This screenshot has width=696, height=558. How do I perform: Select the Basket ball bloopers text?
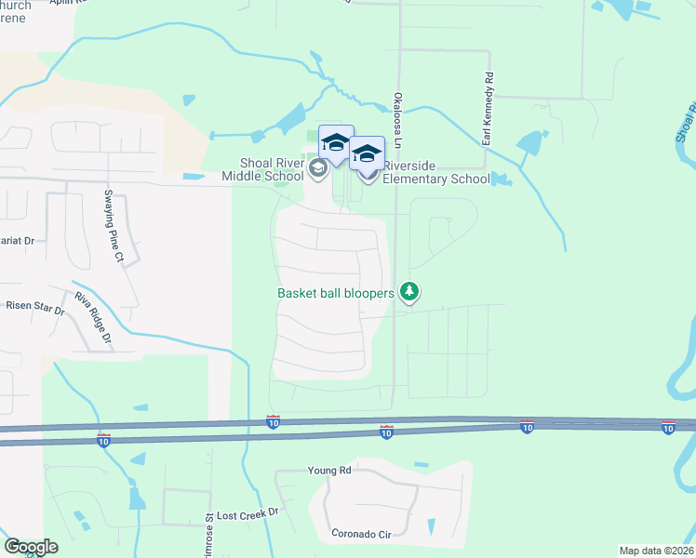tap(336, 293)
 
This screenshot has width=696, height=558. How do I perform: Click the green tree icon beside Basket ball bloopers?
tap(408, 292)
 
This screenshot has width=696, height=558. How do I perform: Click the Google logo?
tap(31, 547)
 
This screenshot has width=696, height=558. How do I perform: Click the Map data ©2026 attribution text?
tap(657, 551)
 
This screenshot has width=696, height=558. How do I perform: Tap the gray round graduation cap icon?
tap(318, 168)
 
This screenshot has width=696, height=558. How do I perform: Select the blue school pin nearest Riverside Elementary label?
tap(367, 154)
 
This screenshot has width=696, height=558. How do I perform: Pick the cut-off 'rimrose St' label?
tap(210, 530)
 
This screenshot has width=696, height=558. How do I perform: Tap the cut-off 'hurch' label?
tap(16, 6)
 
